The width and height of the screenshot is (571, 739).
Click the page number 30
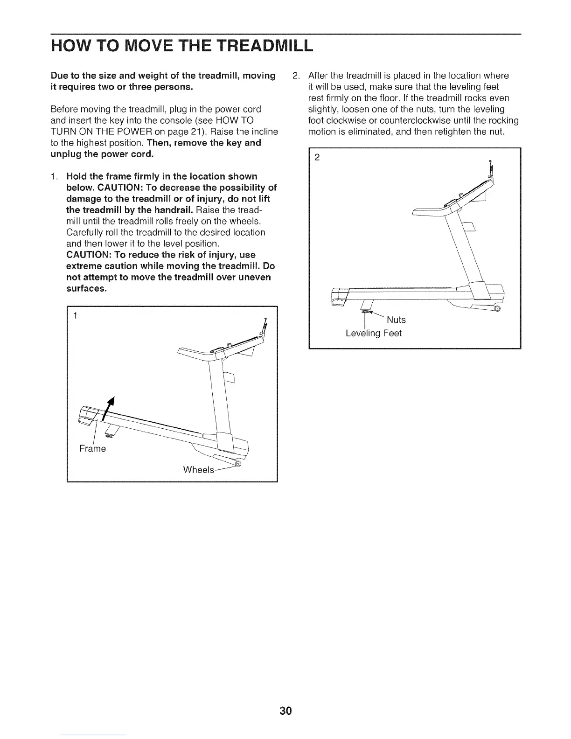point(285,711)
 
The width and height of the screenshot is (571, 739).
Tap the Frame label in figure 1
point(92,449)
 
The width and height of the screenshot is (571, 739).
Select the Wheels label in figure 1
point(198,469)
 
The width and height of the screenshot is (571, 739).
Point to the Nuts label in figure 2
point(396,320)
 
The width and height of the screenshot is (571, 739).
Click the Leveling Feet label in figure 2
point(373,333)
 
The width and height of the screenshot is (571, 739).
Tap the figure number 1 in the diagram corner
point(75,316)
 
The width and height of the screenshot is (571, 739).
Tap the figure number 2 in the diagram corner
point(317,157)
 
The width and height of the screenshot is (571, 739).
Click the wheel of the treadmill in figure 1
point(238,464)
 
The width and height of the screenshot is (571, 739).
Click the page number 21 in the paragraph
point(122,132)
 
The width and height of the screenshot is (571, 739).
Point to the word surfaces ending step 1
point(86,288)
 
